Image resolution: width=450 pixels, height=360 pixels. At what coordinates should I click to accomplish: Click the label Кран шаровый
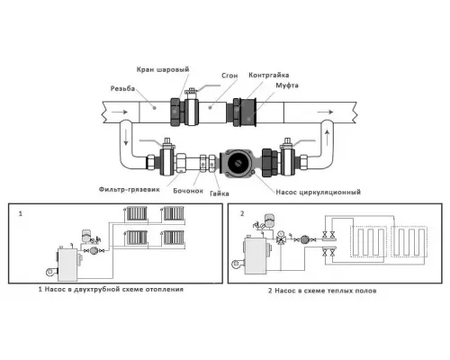click(163, 69)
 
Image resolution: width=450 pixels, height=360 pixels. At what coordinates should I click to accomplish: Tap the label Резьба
click(122, 88)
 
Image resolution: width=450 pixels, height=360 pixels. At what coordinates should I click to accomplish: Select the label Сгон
click(229, 76)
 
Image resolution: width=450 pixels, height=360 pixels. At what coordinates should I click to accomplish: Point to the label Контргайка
click(268, 75)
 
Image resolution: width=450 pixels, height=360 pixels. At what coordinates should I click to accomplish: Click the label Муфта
click(287, 85)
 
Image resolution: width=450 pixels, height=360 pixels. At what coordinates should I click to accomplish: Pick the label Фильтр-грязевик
click(130, 190)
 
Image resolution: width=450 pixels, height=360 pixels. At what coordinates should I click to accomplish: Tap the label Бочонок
click(188, 191)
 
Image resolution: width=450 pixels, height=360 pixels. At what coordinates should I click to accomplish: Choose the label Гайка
click(220, 193)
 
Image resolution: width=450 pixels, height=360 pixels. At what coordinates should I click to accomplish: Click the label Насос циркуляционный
click(319, 192)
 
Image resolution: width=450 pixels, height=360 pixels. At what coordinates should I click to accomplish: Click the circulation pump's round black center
click(238, 163)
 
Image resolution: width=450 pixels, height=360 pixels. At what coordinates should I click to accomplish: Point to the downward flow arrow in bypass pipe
click(126, 139)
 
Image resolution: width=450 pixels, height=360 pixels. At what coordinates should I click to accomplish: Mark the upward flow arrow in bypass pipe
click(327, 137)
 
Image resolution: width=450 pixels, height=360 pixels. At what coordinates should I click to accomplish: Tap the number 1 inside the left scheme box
click(21, 214)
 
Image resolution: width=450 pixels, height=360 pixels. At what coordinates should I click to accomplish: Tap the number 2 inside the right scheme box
click(242, 213)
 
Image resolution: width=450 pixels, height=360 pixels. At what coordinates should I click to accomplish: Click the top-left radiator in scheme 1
click(137, 213)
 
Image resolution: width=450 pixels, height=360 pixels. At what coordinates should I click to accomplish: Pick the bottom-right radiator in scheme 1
click(174, 238)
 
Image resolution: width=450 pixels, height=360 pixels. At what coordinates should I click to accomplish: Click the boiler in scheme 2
click(255, 256)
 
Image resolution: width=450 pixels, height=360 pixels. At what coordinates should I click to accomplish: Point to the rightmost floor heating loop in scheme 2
click(409, 242)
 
